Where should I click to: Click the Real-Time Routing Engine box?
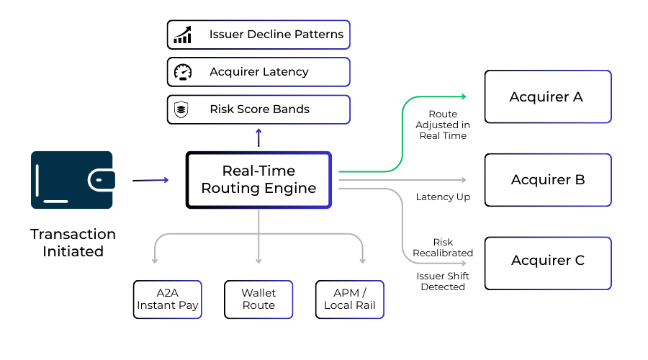[258, 180]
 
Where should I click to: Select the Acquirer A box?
[547, 96]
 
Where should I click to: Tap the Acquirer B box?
[547, 180]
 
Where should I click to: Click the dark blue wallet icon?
[72, 180]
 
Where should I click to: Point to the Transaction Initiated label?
[73, 243]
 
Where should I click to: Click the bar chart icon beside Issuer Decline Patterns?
[182, 35]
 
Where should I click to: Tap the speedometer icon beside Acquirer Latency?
[182, 72]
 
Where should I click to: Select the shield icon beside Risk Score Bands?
[182, 109]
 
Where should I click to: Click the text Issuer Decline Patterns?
[276, 35]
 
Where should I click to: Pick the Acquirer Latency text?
[258, 72]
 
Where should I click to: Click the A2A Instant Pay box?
[167, 300]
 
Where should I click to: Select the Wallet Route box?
[258, 300]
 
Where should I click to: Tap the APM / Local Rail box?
[350, 300]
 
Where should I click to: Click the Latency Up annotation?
[443, 197]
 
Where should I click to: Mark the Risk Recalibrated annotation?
[443, 248]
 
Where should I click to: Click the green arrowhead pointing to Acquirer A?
[463, 96]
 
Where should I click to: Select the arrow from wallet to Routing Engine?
[150, 180]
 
